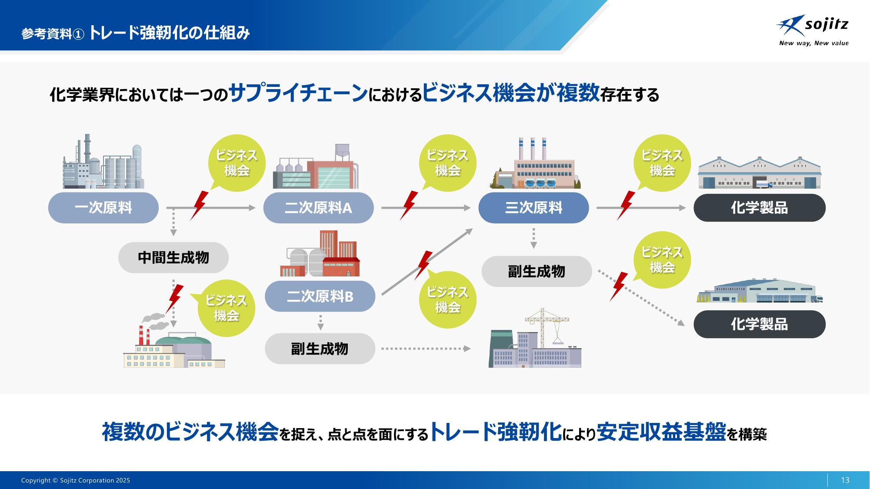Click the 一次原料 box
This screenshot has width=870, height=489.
[103, 208]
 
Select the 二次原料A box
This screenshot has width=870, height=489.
[318, 208]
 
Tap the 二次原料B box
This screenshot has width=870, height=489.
[320, 296]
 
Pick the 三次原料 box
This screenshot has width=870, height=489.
[533, 208]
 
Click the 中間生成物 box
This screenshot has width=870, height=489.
[173, 258]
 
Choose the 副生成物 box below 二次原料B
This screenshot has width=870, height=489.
[320, 349]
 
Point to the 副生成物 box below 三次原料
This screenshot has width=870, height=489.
[537, 271]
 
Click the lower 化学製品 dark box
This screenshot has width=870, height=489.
[759, 324]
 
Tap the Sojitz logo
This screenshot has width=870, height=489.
[813, 30]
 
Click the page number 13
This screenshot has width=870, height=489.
[845, 480]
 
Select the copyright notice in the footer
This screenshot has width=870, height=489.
[76, 480]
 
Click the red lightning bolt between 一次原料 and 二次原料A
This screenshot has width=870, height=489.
[199, 205]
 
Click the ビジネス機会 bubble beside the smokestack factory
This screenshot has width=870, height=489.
[226, 308]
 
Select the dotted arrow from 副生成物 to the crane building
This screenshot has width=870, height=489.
[426, 349]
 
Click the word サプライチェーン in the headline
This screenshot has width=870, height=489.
[298, 93]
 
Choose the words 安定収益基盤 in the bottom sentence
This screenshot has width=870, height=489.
[661, 432]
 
